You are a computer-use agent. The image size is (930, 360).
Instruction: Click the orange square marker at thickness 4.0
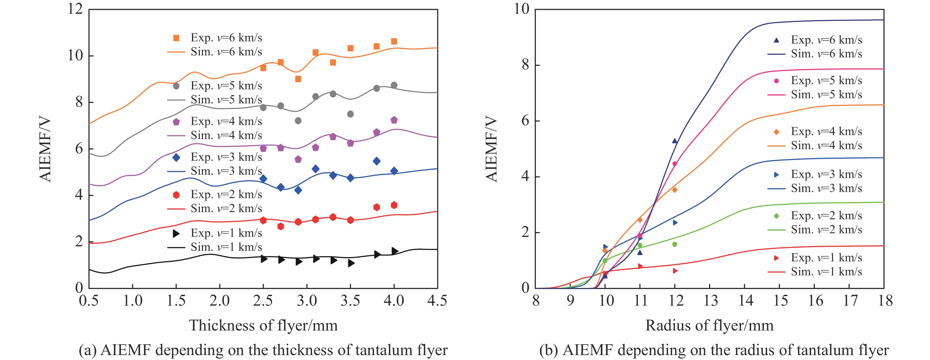point(394,42)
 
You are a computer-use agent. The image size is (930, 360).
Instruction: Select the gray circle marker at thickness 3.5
point(350,114)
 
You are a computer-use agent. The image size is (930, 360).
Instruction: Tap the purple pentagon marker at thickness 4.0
point(394,120)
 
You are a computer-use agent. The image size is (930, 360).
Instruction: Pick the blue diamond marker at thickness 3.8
point(376,161)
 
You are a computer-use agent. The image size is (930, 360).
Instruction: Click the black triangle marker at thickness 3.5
point(351,263)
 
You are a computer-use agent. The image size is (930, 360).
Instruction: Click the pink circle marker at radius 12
point(674,164)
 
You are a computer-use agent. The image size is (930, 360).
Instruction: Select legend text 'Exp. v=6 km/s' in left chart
point(226,38)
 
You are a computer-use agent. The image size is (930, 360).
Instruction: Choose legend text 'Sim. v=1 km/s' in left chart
point(226,247)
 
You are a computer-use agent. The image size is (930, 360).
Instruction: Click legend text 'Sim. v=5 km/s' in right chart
point(826,94)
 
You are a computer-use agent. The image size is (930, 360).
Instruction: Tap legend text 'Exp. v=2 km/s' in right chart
point(826,216)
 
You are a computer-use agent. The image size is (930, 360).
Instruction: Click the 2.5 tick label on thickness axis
point(263,300)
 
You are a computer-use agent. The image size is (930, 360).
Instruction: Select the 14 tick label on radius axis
point(744,300)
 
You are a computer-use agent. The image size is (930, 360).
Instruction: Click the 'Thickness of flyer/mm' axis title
point(263,325)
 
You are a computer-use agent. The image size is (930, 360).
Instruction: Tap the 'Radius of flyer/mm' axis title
point(709,325)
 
